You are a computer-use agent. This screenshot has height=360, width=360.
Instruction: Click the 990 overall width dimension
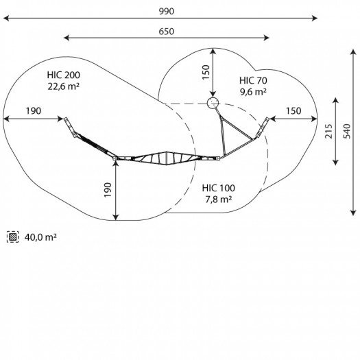167,11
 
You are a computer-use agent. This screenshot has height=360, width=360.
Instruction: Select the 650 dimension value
167,32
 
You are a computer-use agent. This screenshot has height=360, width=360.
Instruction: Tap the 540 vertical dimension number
347,131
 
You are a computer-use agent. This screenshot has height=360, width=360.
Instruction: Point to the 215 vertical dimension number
328,131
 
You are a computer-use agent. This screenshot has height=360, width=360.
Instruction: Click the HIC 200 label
64,75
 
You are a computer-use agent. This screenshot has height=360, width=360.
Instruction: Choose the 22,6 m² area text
64,86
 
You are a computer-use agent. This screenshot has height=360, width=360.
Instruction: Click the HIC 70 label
253,81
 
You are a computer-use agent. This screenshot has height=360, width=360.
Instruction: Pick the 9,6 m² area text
253,92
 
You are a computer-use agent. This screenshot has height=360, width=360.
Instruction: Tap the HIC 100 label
219,188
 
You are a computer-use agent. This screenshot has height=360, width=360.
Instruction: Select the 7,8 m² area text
219,200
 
